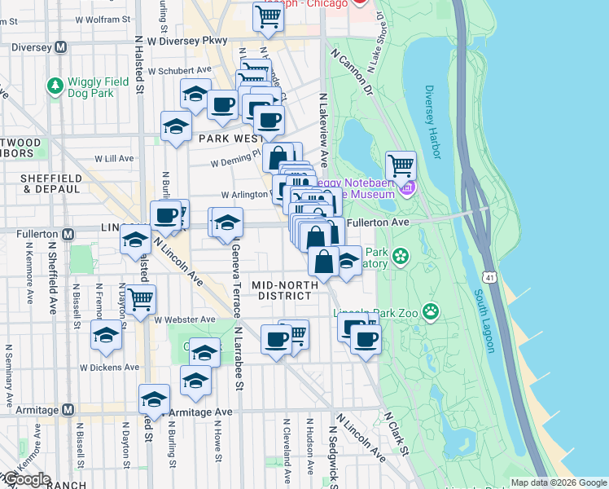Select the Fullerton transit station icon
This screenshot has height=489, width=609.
coord(68,234)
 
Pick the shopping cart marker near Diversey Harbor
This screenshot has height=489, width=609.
coord(401,165)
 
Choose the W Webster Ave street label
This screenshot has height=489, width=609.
coord(184,319)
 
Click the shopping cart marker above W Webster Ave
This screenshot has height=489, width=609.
coord(141,298)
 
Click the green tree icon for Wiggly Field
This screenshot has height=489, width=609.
coord(55,84)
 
